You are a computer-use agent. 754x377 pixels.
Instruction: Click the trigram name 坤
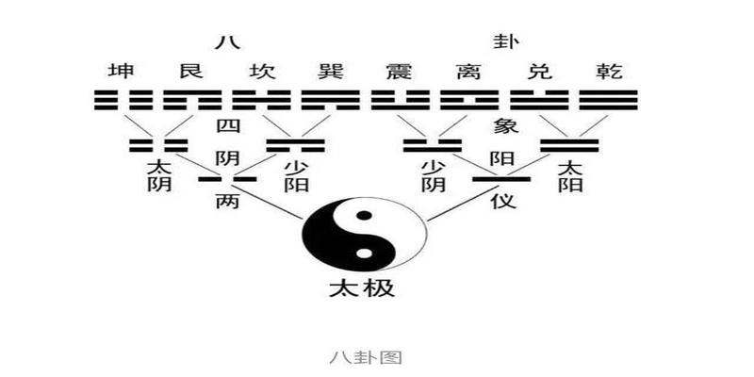pyautogui.click(x=120, y=72)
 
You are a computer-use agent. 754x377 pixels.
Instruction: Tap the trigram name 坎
pyautogui.click(x=261, y=72)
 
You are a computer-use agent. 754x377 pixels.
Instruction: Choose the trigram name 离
pyautogui.click(x=465, y=72)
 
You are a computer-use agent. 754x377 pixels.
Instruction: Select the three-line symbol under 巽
pyautogui.click(x=330, y=100)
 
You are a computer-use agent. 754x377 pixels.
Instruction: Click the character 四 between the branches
pyautogui.click(x=227, y=126)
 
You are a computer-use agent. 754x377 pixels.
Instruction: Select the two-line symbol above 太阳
pyautogui.click(x=569, y=145)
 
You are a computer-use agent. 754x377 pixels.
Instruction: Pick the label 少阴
pyautogui.click(x=433, y=175)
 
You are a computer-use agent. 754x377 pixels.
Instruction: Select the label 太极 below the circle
pyautogui.click(x=364, y=288)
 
